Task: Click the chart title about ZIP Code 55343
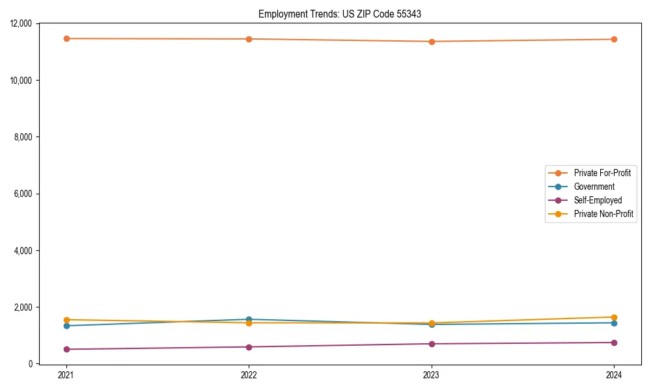point(335,14)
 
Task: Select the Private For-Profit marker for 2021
point(66,38)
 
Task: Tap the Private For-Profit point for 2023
point(432,42)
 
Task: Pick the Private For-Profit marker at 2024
point(614,39)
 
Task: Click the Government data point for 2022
point(249,319)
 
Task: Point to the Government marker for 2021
point(66,326)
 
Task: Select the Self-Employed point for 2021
point(66,349)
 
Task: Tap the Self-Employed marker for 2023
point(432,344)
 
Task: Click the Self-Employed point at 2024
point(614,343)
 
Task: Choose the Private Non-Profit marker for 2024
point(614,317)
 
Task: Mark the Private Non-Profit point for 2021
point(66,320)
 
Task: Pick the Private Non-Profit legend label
point(603,214)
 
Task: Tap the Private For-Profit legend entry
point(602,173)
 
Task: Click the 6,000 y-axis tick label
point(27,194)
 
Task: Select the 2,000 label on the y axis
point(27,307)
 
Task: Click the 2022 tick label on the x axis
point(249,375)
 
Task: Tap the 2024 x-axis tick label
point(614,375)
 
